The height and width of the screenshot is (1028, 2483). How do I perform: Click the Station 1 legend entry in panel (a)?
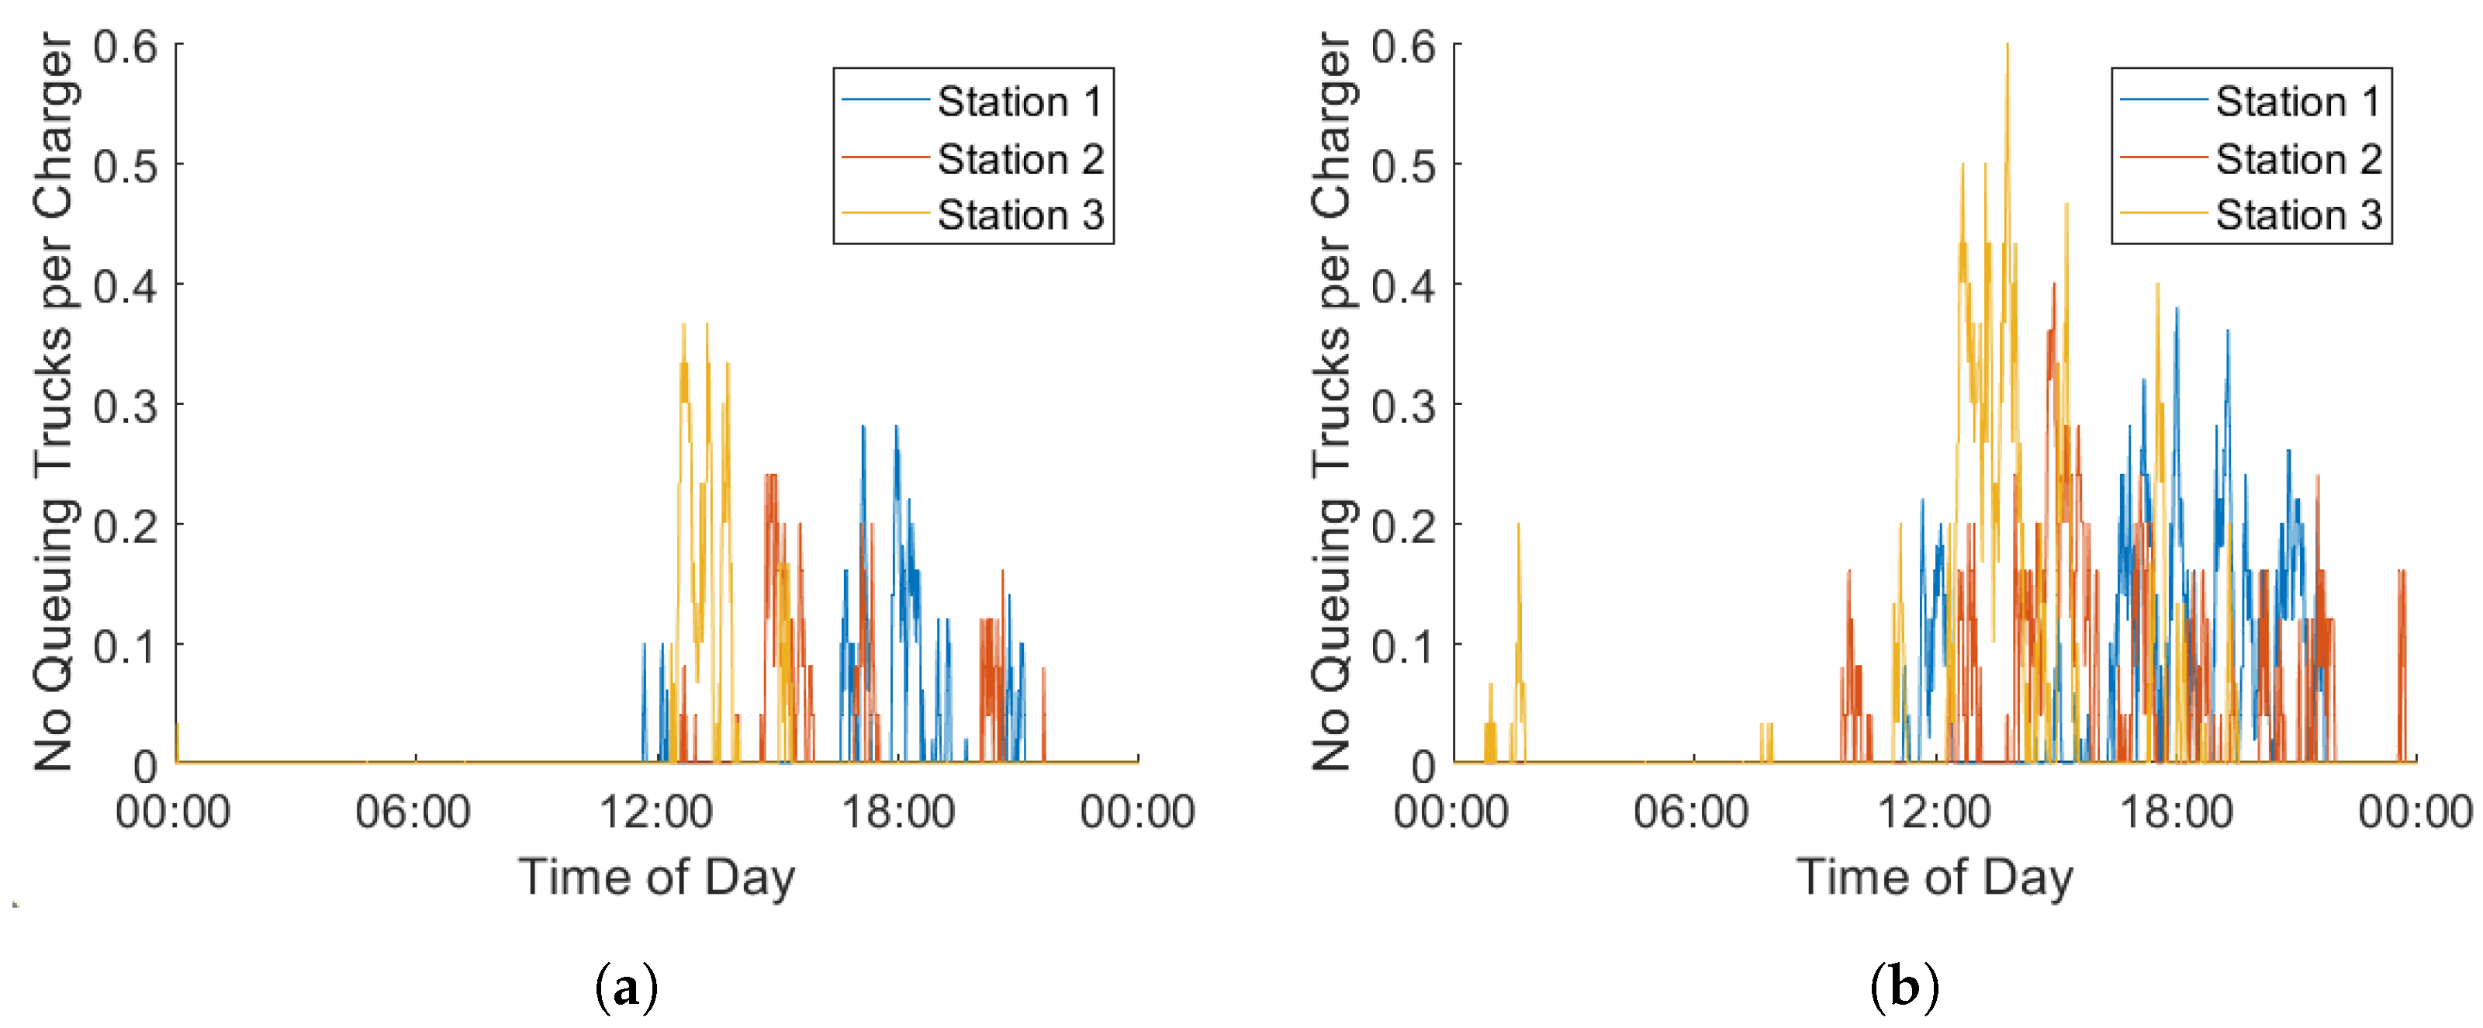point(973,102)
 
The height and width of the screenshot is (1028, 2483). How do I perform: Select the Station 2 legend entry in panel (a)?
point(973,158)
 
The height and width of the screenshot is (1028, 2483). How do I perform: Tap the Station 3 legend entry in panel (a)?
point(973,214)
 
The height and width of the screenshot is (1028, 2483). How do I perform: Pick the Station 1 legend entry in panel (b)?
point(2251,102)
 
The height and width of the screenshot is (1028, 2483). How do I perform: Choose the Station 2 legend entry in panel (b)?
point(2251,158)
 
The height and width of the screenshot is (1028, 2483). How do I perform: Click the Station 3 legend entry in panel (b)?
point(2251,214)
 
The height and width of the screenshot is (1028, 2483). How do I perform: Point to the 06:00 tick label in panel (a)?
point(413,812)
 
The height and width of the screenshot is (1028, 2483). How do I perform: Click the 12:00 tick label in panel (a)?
point(656,812)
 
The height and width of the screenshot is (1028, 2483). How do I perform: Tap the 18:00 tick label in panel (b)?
point(2177,812)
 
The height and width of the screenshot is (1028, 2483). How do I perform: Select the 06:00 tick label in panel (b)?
point(1692,812)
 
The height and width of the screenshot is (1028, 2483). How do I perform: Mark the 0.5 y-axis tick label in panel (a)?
point(126,166)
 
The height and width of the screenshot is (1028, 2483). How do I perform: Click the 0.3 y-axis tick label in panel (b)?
point(1403,406)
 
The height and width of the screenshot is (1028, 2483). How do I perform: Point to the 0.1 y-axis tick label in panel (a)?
point(126,646)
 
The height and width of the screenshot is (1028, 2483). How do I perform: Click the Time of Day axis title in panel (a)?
point(657,877)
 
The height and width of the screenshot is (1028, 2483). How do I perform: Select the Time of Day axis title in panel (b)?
point(1935,877)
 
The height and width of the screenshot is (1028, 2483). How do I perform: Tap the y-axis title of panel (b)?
point(1333,402)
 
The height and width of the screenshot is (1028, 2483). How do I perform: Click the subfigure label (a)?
point(628,988)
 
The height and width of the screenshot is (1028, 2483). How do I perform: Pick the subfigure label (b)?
point(1904,988)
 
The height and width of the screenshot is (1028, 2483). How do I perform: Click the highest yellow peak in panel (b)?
point(2007,44)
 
